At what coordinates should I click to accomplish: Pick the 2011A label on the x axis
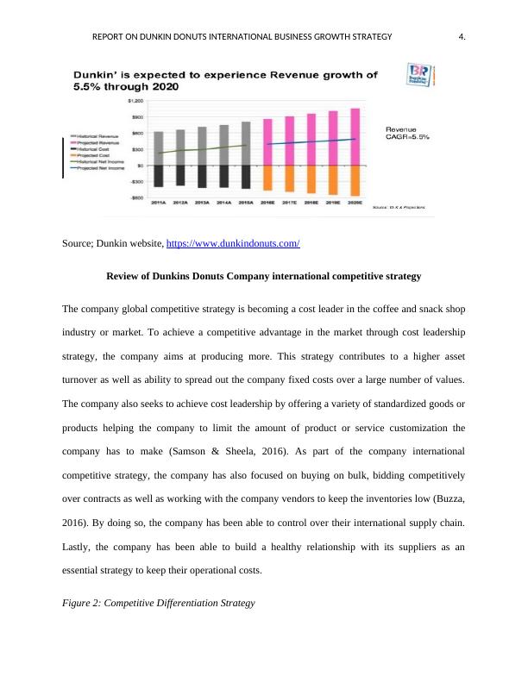(158, 204)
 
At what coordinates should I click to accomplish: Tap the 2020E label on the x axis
(354, 204)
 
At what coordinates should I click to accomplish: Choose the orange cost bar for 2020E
(354, 179)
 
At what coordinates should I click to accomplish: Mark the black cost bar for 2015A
(246, 176)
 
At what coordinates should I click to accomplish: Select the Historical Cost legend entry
(94, 149)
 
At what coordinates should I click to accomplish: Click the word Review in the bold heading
(123, 277)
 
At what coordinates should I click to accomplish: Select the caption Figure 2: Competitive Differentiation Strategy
(159, 603)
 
